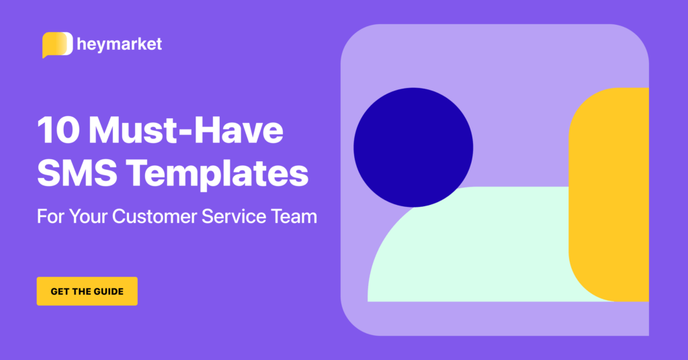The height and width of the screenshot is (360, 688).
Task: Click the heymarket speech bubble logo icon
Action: pos(57,44)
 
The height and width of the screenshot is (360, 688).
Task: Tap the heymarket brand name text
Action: pos(120,45)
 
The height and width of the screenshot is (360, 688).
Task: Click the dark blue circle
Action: pos(413,147)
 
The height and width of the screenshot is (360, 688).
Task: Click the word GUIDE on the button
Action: pos(107,291)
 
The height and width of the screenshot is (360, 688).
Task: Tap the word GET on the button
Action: pos(60,291)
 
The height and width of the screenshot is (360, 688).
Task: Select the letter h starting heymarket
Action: pos(82,44)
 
